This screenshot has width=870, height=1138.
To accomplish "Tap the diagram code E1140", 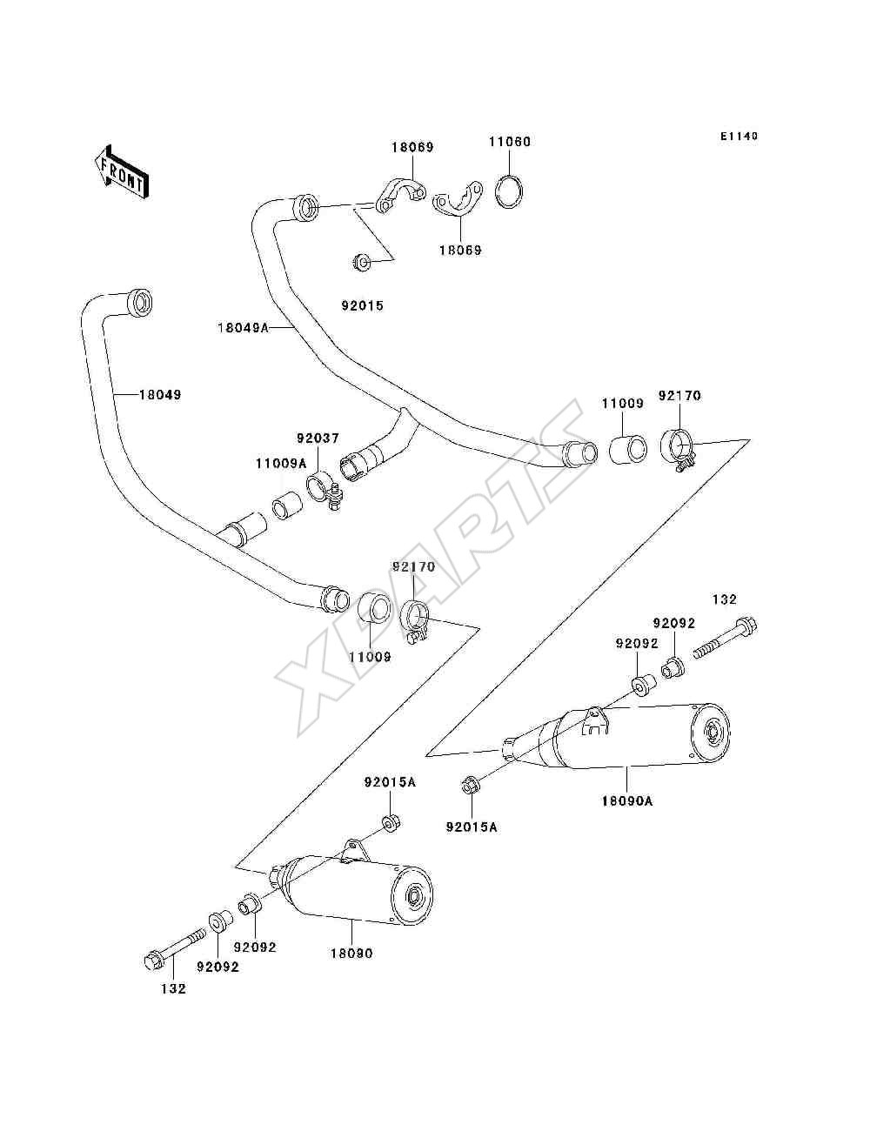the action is (739, 137).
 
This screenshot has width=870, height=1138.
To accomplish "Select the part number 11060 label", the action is (510, 142).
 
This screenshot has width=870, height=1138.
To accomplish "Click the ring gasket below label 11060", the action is (510, 192).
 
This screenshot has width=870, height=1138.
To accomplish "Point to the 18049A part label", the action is (243, 328).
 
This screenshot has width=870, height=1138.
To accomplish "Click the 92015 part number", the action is (363, 306).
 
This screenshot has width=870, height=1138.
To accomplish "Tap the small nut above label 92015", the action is (360, 262).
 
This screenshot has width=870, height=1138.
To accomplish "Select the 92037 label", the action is (318, 438).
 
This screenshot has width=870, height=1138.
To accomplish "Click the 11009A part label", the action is (281, 463).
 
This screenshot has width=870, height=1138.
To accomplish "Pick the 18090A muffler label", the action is (627, 801).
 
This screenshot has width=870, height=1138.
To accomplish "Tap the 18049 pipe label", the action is (160, 394).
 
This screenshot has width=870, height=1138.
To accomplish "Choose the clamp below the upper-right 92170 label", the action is (678, 448).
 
